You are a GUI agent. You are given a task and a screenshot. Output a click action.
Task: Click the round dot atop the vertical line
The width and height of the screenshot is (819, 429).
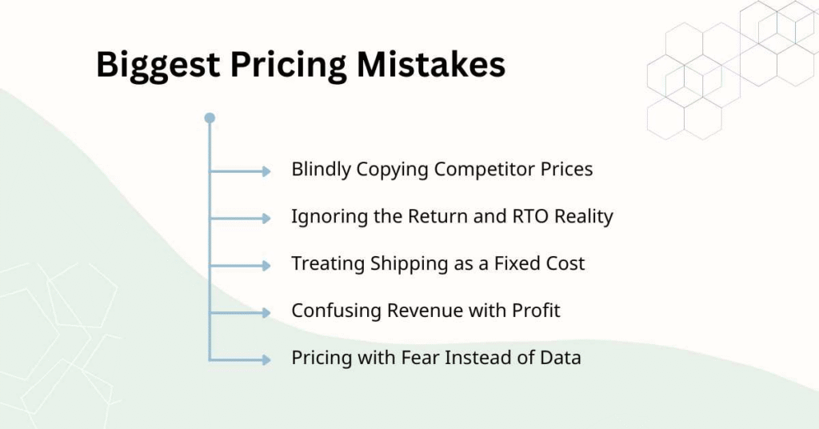210,118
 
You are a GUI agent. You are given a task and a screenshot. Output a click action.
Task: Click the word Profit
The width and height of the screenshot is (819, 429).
535,311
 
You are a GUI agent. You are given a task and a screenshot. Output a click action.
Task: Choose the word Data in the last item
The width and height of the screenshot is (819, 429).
561,357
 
